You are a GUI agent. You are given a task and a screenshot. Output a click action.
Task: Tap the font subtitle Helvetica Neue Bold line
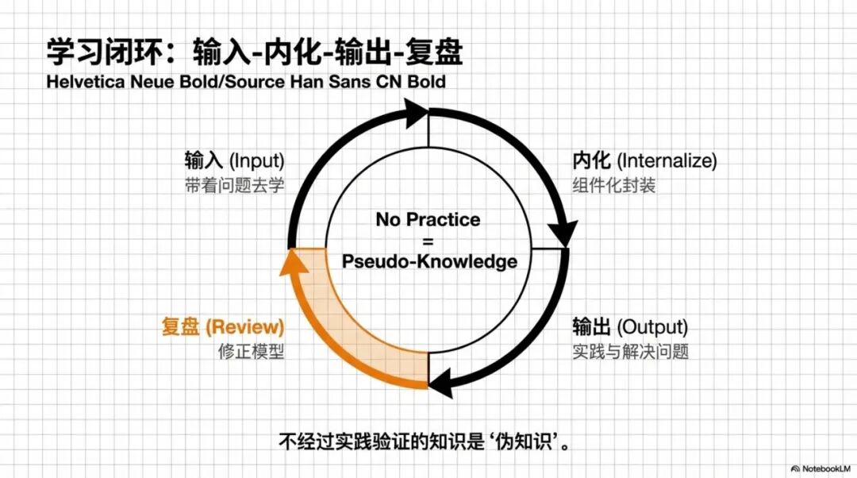point(246,82)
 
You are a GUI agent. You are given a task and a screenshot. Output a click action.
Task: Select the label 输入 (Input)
point(233,161)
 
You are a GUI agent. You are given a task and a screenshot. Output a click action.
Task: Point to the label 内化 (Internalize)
point(644,161)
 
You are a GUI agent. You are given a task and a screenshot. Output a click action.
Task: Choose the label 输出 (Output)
point(630,326)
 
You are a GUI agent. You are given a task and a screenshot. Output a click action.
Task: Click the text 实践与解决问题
point(630,351)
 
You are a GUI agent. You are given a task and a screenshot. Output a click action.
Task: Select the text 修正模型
point(251,351)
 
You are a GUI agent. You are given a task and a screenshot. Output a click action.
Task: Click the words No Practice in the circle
point(428,219)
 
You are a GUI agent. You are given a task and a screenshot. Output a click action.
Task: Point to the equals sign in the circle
point(428,241)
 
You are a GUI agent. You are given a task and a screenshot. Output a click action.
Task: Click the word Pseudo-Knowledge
point(428,262)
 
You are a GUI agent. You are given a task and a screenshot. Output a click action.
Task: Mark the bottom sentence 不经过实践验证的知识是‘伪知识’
point(425,441)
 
